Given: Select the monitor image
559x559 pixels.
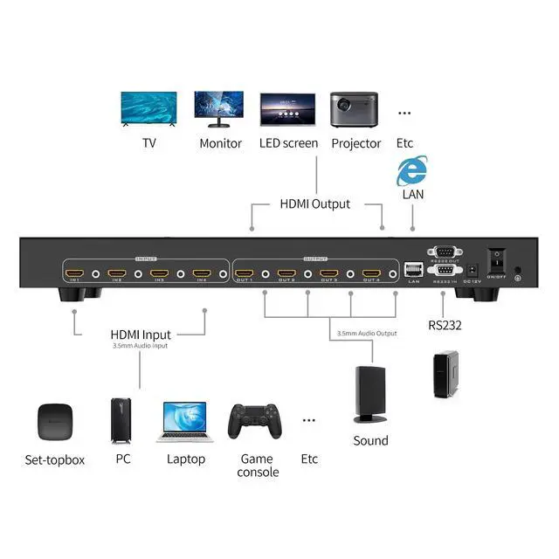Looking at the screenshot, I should click(219, 111).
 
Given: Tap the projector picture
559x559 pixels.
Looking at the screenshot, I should click(354, 110).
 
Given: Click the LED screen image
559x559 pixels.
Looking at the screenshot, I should click(287, 111).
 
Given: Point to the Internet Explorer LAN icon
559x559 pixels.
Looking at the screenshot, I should click(411, 170).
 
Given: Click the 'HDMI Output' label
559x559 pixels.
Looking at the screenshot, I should click(315, 204).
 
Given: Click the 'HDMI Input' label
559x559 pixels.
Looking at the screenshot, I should click(141, 334).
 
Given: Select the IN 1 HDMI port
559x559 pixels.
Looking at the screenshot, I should click(73, 273).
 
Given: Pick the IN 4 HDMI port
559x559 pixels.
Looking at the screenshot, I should click(202, 273).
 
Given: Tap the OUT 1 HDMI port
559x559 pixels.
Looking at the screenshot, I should click(244, 273).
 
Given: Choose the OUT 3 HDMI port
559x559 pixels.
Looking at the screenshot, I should click(328, 273).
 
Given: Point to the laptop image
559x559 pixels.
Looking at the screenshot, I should click(185, 424).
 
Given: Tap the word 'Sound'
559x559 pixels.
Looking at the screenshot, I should click(370, 440).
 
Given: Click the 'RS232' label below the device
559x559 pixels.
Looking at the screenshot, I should click(444, 326).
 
